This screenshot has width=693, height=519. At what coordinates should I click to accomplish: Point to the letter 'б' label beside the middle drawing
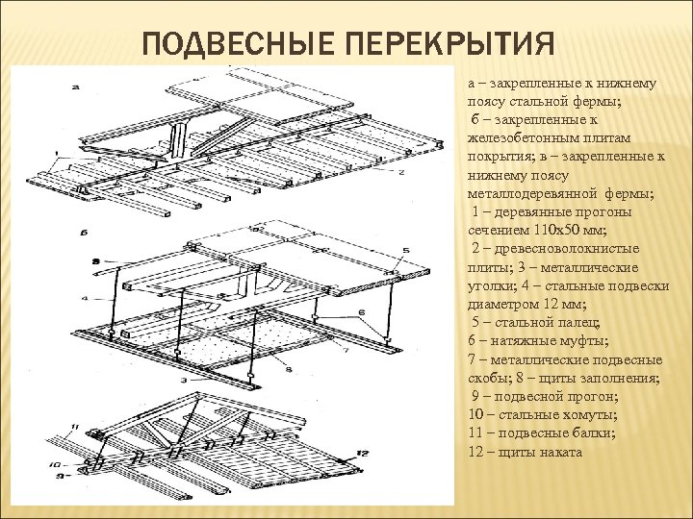click(86, 234)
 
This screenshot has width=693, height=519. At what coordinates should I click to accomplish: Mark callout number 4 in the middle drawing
click(85, 299)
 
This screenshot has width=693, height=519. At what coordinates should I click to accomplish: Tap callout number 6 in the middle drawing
click(361, 312)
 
